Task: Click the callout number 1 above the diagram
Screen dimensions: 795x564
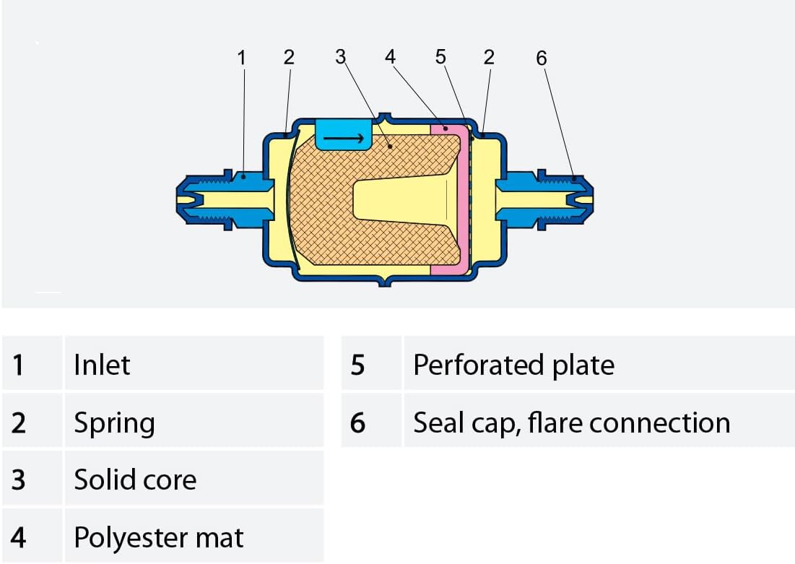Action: point(242,58)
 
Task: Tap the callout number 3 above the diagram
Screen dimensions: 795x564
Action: point(340,57)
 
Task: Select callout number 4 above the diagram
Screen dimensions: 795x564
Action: point(390,57)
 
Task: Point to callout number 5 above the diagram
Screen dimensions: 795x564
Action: point(440,57)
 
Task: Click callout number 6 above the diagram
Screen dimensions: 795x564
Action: point(542,58)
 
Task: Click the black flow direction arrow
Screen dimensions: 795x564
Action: point(343,139)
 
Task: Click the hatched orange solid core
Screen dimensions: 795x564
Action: point(324,203)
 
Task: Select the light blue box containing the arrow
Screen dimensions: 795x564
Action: point(344,134)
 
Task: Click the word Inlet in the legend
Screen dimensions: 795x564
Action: point(102,365)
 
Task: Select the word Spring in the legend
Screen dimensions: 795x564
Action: point(115,423)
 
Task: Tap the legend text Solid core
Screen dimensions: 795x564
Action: point(135,480)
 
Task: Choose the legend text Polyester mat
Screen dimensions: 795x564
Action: point(159,537)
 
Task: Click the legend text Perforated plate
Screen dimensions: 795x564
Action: point(513,365)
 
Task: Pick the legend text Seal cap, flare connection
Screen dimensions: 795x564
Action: point(571,422)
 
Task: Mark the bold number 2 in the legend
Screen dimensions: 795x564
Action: point(19,422)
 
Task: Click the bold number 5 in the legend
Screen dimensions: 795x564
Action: point(357,365)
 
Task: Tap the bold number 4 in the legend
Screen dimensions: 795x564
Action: point(18,537)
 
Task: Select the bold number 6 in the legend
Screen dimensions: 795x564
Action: point(357,422)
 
